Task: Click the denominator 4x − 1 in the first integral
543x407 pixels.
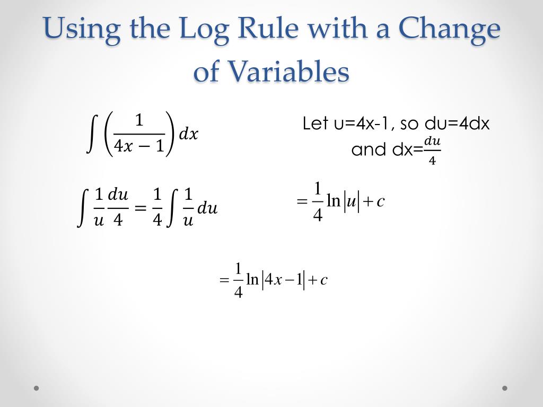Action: click(139, 146)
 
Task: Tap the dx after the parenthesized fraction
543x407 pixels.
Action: click(188, 135)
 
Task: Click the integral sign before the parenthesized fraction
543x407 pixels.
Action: click(91, 134)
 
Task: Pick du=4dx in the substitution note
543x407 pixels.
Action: click(458, 124)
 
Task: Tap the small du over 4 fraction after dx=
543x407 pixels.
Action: click(432, 151)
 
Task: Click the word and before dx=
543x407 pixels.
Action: click(369, 149)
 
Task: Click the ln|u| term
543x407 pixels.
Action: click(343, 201)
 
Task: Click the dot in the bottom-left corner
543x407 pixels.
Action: click(37, 388)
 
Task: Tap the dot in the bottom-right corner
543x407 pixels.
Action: click(505, 388)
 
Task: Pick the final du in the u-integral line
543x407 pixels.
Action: click(207, 208)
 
